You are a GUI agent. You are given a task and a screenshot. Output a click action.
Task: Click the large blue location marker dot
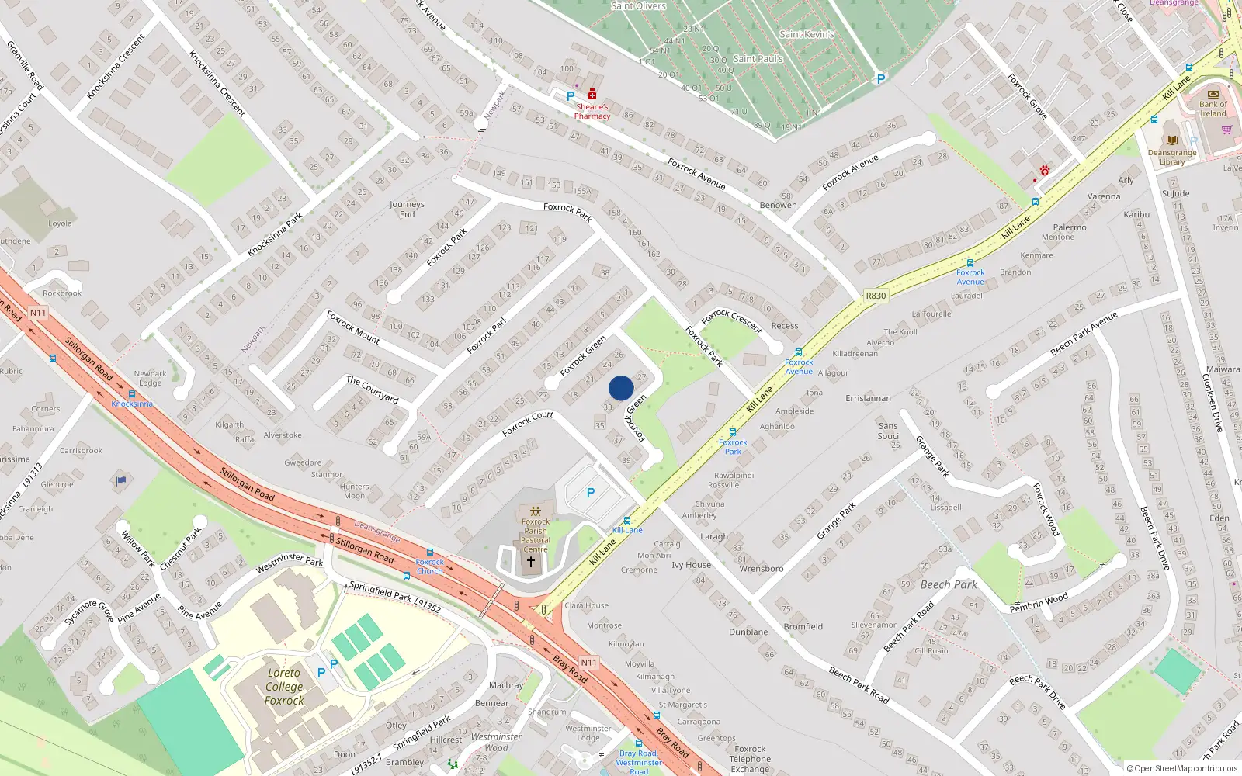click(621, 388)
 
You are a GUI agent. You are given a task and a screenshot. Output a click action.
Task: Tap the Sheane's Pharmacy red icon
click(592, 95)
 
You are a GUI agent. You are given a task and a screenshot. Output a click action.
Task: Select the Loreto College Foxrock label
click(284, 687)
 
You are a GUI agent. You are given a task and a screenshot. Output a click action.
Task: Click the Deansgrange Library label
click(1172, 157)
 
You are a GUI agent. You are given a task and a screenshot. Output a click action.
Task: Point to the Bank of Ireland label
click(1213, 109)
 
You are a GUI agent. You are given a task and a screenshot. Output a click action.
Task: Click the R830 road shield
click(876, 296)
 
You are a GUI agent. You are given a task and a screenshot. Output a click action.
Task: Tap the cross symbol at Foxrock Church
click(531, 562)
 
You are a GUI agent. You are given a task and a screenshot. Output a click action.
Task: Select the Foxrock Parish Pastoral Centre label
click(535, 535)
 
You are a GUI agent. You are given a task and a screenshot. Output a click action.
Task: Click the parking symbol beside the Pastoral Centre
click(591, 493)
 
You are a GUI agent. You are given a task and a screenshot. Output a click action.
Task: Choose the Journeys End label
click(407, 210)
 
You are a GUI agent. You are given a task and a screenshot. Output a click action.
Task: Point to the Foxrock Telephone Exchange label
click(750, 759)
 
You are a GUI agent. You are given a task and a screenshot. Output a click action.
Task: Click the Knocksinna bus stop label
click(132, 404)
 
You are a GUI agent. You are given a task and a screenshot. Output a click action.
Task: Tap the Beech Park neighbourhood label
click(949, 584)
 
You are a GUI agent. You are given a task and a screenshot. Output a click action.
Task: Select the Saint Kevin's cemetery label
click(807, 34)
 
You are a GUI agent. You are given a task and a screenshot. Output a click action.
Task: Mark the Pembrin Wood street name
click(1039, 603)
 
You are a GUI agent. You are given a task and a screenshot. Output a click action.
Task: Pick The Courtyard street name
click(372, 389)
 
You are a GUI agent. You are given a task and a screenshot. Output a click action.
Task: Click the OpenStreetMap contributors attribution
click(1181, 768)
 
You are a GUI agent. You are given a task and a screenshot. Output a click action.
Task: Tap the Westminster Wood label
click(496, 743)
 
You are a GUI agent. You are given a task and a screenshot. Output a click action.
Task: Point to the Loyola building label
click(60, 223)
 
